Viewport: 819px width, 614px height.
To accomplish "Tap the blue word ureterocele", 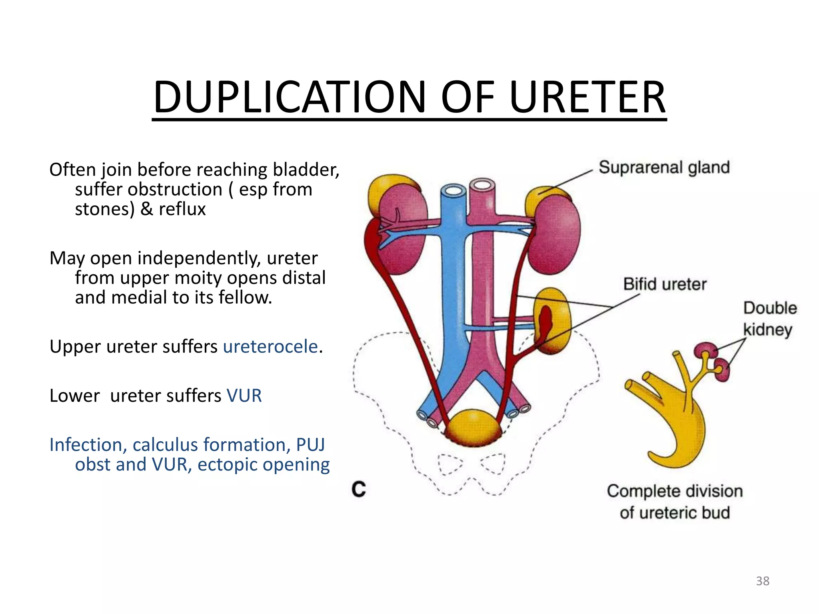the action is [x=270, y=347].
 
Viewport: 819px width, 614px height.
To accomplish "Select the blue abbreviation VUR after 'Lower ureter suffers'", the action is [x=244, y=396].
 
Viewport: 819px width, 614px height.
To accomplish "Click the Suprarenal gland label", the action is [x=664, y=167].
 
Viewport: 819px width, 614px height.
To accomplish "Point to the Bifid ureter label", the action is [x=665, y=284].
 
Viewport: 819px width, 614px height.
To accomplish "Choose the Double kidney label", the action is [x=769, y=319].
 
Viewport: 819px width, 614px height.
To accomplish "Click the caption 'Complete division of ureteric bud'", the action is [x=675, y=502].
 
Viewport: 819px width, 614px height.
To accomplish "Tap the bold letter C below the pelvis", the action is [x=359, y=489].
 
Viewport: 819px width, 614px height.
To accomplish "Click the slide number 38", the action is [x=762, y=581].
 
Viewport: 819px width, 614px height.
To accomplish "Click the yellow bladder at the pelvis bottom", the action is [x=473, y=428].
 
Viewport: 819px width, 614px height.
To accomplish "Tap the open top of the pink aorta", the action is [x=482, y=184].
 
